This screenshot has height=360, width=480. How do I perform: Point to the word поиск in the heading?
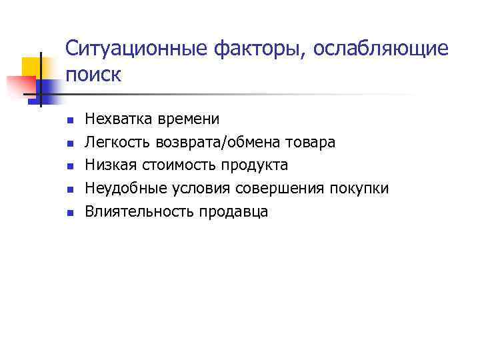93,75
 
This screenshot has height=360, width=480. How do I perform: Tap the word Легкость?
118,143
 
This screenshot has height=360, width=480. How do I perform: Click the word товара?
313,143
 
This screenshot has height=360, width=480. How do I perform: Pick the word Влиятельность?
136,212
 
